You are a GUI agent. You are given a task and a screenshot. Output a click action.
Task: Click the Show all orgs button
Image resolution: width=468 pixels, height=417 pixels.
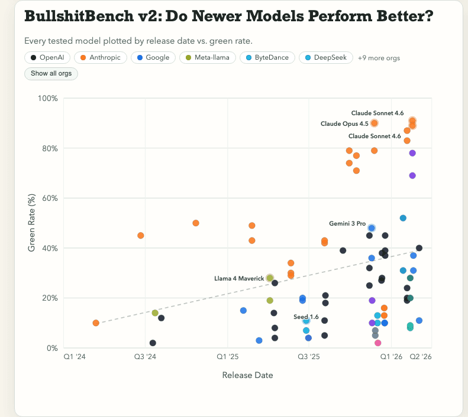tap(51, 74)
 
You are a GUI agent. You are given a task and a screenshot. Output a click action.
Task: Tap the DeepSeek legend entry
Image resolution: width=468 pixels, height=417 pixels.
tap(327, 57)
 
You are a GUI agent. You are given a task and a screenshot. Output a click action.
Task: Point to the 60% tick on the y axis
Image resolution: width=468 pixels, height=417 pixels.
tap(49, 198)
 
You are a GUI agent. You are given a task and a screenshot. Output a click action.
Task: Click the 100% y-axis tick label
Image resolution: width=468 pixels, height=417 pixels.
tap(47, 98)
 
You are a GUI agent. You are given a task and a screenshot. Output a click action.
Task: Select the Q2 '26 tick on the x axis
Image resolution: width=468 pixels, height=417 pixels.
tap(420, 357)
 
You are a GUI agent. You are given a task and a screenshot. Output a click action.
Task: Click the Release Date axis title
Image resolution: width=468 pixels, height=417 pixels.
tap(247, 375)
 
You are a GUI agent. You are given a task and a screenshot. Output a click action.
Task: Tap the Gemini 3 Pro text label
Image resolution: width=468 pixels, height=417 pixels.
tap(347, 223)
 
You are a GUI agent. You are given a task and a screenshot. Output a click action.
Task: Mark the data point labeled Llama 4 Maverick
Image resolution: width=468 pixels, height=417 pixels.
tap(270, 278)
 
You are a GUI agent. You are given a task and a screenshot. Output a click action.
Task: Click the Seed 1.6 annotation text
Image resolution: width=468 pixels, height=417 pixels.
tap(306, 317)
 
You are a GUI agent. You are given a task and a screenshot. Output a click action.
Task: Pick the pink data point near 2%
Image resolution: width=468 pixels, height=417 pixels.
tap(378, 343)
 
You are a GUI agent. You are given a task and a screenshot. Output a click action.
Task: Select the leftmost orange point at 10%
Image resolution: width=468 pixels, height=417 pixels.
tap(96, 323)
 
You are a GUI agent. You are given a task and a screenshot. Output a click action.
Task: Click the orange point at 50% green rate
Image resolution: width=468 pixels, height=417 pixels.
tap(196, 223)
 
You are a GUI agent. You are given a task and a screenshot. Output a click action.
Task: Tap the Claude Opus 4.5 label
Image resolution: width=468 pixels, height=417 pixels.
tap(344, 123)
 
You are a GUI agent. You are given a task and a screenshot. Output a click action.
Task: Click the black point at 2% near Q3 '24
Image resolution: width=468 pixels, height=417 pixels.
tap(153, 343)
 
